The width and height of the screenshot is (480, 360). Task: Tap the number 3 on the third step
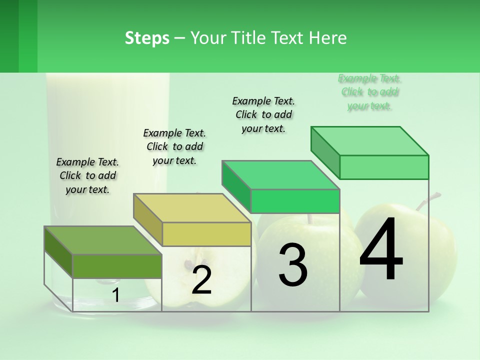point(293,265)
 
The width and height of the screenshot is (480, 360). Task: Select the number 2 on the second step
point(201,280)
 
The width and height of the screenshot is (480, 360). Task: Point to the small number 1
point(116,295)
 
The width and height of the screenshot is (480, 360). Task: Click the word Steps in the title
point(147,38)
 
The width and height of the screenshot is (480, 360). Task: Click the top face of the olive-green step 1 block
point(102,240)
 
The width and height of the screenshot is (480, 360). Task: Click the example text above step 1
point(87,175)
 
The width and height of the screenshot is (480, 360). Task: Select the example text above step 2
point(174,146)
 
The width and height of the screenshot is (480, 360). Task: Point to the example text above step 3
point(263,114)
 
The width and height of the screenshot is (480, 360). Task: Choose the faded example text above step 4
point(369,92)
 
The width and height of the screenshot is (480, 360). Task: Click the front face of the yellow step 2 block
point(206,234)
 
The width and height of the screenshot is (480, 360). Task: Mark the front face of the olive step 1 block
point(117,266)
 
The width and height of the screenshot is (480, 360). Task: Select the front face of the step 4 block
point(384,167)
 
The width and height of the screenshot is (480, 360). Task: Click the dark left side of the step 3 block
point(236,187)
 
